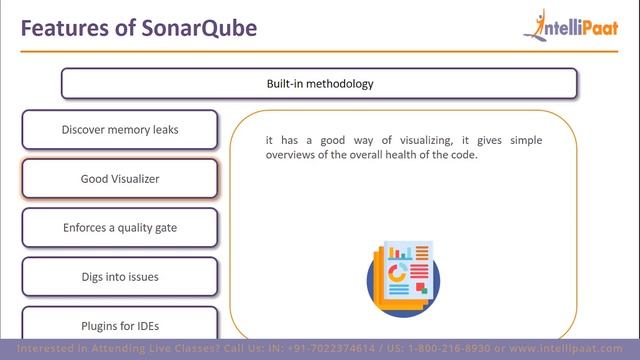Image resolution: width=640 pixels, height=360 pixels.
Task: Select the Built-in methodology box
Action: tap(319, 83)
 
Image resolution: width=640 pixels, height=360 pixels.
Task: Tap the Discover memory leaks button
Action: tap(119, 130)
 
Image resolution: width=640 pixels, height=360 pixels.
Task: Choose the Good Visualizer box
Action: tap(119, 179)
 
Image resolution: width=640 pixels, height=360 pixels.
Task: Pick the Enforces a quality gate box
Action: tap(119, 228)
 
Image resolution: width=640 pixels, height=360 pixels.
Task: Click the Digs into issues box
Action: tap(119, 277)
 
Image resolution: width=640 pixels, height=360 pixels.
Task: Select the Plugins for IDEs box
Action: tap(119, 325)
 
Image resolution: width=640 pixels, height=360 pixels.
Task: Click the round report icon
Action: tap(403, 276)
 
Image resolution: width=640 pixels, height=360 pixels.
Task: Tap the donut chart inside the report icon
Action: tap(398, 272)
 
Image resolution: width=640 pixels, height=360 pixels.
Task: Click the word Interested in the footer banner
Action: tap(37, 349)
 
